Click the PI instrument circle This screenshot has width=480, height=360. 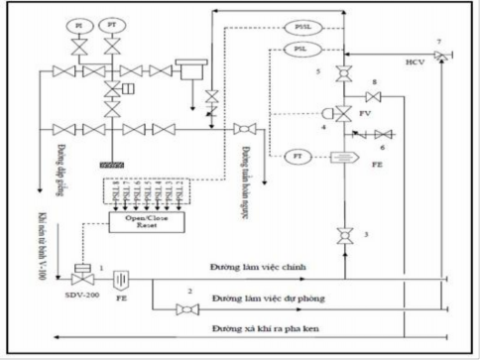(80, 23)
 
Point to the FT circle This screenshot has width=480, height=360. (297, 157)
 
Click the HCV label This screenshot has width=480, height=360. (414, 62)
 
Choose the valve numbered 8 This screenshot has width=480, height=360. (373, 96)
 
